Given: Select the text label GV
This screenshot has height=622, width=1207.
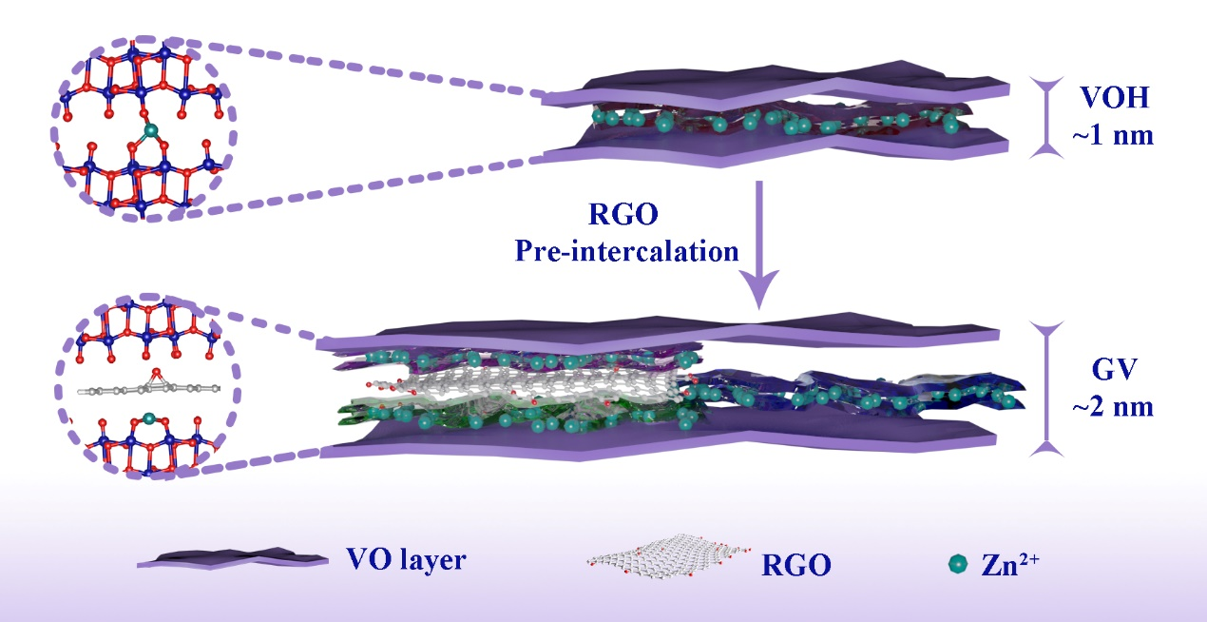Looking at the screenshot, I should (1112, 370).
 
